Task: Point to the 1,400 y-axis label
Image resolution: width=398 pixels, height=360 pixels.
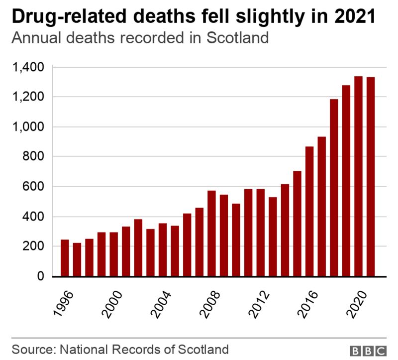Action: pyautogui.click(x=31, y=67)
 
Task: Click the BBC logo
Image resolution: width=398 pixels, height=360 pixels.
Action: pyautogui.click(x=369, y=350)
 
